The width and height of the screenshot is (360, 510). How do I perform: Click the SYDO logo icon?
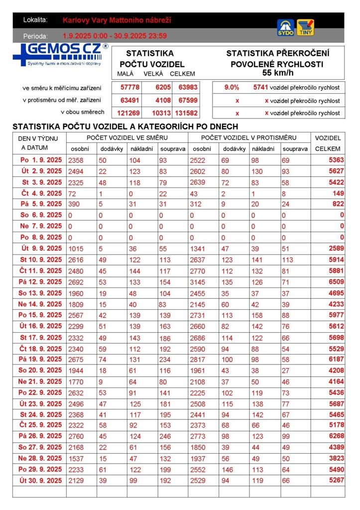285,27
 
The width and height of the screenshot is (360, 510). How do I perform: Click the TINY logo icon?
305,27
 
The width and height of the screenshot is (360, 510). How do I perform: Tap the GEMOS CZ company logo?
60,54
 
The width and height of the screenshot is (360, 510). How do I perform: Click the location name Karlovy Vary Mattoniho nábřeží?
117,20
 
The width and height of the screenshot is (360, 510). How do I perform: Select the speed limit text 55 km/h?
278,73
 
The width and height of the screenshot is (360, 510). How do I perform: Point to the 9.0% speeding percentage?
232,87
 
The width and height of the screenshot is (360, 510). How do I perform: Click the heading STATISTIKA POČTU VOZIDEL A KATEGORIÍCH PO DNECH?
125,127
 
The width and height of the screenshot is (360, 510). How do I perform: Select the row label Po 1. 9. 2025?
41,160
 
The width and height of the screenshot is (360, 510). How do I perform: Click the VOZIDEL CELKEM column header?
328,143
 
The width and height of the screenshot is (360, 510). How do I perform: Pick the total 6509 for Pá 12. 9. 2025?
336,282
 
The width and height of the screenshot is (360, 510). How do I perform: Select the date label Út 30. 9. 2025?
41,480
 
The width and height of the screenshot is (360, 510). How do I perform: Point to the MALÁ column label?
125,74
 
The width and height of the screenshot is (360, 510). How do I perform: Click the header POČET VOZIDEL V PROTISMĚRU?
248,137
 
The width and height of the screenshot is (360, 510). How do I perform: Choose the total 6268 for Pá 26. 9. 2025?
336,436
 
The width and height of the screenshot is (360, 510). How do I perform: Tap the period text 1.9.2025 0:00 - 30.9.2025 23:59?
115,36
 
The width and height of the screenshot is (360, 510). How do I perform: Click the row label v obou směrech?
82,113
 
